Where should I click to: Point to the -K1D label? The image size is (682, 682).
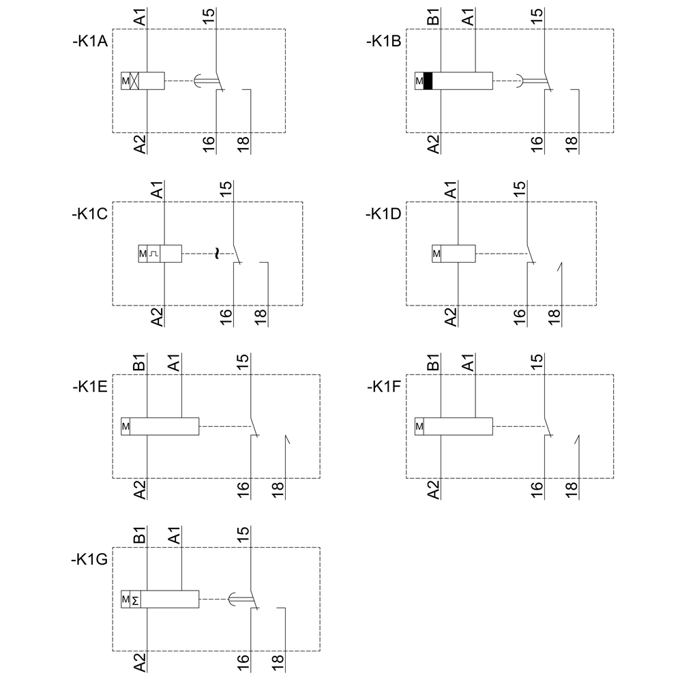pos(384,214)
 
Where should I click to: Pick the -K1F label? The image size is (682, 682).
pos(384,387)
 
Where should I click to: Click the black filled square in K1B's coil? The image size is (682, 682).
pos(428,81)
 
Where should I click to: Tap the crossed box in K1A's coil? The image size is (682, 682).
pos(134,81)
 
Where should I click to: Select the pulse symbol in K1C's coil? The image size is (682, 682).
pos(154,254)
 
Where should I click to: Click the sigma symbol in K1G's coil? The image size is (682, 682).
pos(136,600)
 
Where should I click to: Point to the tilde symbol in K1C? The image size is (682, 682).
pos(217,254)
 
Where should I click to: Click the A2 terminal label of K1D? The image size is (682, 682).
pos(451,316)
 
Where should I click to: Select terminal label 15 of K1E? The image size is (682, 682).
pos(243,363)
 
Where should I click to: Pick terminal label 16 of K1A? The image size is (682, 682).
pos(208,143)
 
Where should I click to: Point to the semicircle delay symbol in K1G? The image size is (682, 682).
pos(233,599)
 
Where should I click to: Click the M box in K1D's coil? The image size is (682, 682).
pos(436,254)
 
